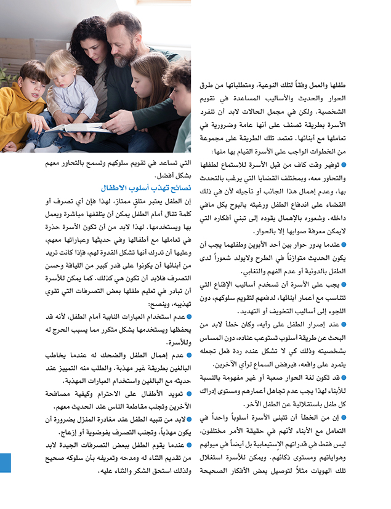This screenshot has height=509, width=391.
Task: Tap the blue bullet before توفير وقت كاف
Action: pyautogui.click(x=344, y=165)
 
